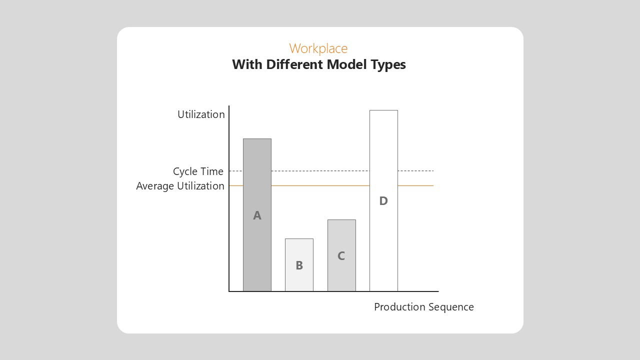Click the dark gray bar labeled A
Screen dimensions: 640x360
257,215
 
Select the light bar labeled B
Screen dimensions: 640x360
299,265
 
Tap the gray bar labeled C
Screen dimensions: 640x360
341,255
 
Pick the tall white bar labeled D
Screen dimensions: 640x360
383,200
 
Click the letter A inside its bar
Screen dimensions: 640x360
257,215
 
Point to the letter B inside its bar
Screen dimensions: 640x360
299,265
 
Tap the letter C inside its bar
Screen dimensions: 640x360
341,255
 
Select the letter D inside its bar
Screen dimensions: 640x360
383,201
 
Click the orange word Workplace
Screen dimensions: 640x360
318,48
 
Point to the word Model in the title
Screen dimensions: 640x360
346,64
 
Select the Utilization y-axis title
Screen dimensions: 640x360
201,114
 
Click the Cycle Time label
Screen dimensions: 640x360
198,171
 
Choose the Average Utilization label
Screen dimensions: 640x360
180,185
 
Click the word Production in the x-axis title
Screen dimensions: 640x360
400,307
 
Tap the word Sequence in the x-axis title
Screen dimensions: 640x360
451,307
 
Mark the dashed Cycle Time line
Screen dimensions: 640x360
331,171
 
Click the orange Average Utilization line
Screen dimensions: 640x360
331,185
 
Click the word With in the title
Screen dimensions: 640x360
247,64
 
